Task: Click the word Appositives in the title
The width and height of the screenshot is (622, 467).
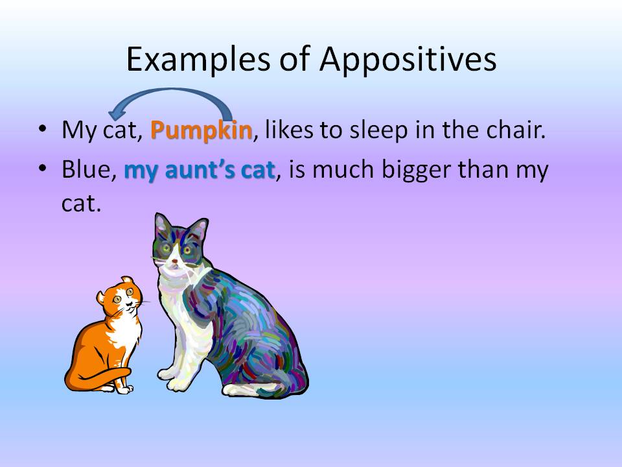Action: point(408,60)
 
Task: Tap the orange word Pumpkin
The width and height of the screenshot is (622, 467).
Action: point(201,130)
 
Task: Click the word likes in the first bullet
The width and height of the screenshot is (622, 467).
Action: point(289,129)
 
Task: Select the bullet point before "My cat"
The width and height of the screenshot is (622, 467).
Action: point(43,129)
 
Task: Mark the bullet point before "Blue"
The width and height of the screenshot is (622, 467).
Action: point(43,169)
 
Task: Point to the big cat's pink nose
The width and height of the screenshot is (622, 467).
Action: point(174,261)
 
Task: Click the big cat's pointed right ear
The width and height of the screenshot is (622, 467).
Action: point(199,228)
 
